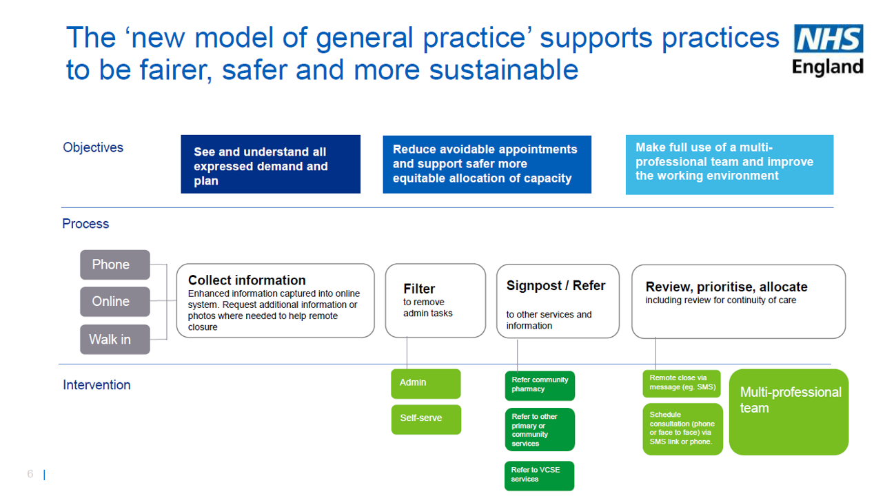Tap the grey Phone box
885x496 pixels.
coord(114,265)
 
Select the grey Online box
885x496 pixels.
coord(114,302)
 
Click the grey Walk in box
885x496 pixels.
coord(114,339)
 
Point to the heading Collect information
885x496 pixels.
coord(247,280)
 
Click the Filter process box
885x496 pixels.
coord(435,301)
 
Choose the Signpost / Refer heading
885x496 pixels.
coord(556,286)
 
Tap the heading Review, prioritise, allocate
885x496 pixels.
coord(726,287)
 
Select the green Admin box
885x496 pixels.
coord(425,383)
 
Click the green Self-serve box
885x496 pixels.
coord(425,419)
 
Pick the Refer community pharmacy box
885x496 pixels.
coord(539,385)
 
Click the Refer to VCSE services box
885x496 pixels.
coord(539,475)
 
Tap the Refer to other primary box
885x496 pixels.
coord(539,430)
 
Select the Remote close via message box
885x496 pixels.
coord(681,384)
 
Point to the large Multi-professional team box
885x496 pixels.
coord(789,412)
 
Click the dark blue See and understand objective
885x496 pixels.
coord(270,165)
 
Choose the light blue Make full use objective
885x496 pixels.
coord(729,165)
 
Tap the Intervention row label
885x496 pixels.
coord(96,385)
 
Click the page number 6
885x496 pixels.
coord(30,474)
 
